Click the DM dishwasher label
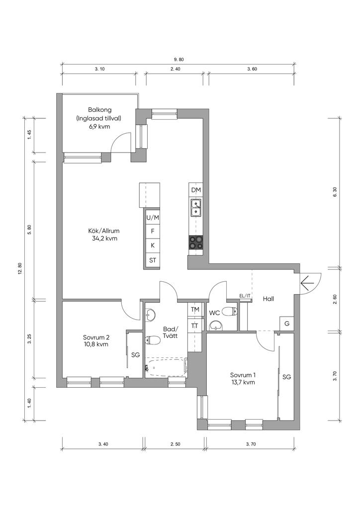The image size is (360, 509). [196, 190]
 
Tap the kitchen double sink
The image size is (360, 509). [196, 208]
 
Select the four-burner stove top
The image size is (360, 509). [196, 242]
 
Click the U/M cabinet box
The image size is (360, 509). [153, 218]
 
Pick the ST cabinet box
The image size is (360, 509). [153, 260]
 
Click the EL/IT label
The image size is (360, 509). [245, 296]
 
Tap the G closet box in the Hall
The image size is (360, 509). [286, 324]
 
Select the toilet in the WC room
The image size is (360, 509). [231, 312]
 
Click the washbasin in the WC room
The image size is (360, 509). [216, 325]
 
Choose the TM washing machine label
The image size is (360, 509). [195, 310]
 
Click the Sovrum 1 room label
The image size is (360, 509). [243, 375]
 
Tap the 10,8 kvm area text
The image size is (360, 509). [95, 344]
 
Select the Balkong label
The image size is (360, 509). [99, 110]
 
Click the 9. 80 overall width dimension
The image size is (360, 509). [179, 60]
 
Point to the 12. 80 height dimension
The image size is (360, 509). [20, 268]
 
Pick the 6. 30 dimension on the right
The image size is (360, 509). [335, 192]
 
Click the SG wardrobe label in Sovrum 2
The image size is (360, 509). [135, 355]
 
